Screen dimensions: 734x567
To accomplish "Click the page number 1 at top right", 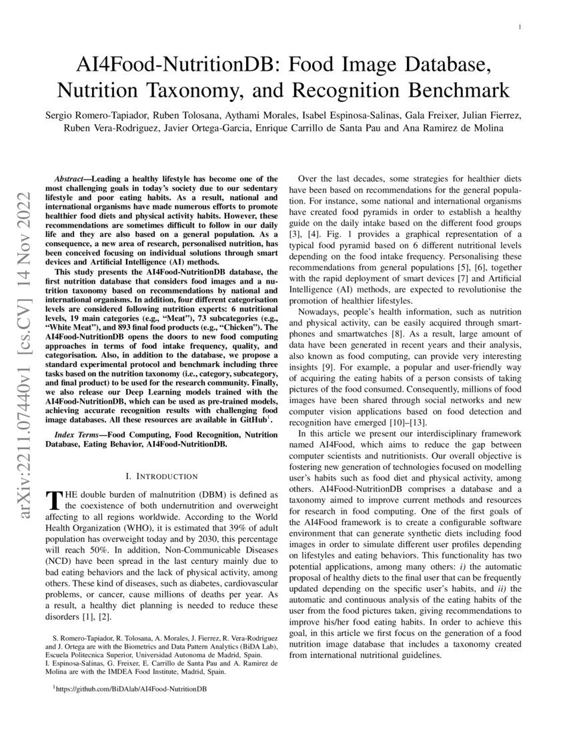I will (x=518, y=27).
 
